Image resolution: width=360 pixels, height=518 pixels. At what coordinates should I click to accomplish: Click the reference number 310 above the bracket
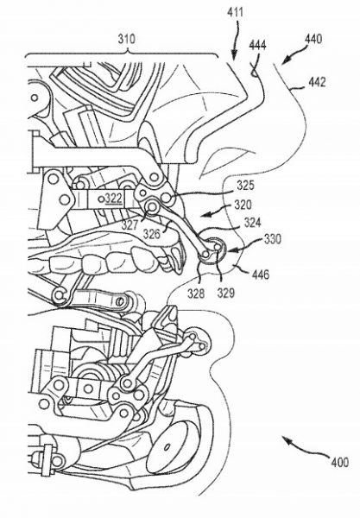pyautogui.click(x=127, y=39)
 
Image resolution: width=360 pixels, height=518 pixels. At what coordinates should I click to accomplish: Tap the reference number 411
pyautogui.click(x=235, y=13)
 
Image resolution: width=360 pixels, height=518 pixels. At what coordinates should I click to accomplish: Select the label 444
pyautogui.click(x=257, y=45)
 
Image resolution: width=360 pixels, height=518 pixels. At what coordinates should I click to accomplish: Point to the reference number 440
pyautogui.click(x=313, y=39)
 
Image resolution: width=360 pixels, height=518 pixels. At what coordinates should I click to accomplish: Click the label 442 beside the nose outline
pyautogui.click(x=317, y=82)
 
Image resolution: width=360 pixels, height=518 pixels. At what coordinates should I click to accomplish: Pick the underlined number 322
pyautogui.click(x=114, y=199)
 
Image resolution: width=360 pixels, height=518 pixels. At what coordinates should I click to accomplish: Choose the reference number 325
pyautogui.click(x=246, y=186)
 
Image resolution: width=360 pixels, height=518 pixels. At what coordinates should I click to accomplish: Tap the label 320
pyautogui.click(x=243, y=205)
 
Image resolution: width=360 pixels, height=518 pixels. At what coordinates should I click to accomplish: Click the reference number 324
pyautogui.click(x=253, y=223)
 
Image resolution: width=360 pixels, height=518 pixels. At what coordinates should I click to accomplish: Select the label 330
pyautogui.click(x=273, y=239)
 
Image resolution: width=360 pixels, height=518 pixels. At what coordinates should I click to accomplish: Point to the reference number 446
pyautogui.click(x=261, y=274)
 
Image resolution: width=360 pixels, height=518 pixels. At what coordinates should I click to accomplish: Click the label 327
pyautogui.click(x=129, y=225)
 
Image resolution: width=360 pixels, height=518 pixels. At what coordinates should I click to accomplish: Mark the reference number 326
pyautogui.click(x=152, y=234)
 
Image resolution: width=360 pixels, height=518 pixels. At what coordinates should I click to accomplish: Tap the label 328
pyautogui.click(x=196, y=293)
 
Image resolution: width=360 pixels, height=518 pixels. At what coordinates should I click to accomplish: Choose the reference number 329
pyautogui.click(x=226, y=293)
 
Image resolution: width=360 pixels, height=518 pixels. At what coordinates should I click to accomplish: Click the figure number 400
pyautogui.click(x=340, y=462)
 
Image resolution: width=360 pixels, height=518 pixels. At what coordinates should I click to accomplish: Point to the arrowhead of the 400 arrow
pyautogui.click(x=286, y=439)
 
